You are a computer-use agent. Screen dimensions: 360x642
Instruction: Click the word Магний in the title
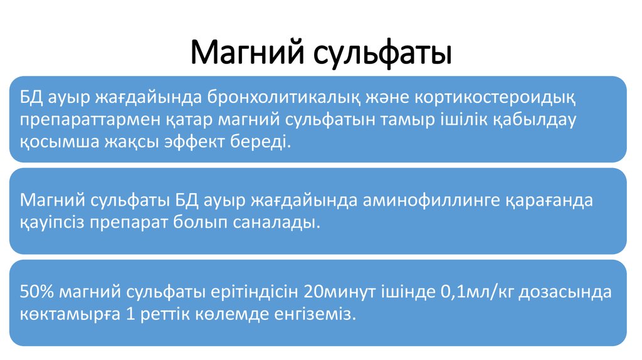point(247,53)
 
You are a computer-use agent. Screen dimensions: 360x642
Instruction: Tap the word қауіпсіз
point(52,223)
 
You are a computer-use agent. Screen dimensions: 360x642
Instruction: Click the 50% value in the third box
point(37,292)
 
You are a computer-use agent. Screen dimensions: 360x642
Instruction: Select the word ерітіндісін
point(256,292)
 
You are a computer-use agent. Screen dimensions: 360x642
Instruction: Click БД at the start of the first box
point(31,98)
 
